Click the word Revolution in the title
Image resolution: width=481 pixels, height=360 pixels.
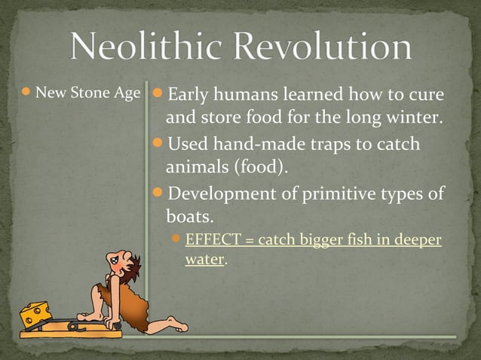tap(325, 48)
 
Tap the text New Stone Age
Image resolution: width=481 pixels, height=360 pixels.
tap(88, 94)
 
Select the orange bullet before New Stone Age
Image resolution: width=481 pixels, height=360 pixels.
tap(26, 93)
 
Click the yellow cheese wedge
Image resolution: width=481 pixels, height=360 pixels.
tap(35, 313)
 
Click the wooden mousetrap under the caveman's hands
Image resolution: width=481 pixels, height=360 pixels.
tap(72, 326)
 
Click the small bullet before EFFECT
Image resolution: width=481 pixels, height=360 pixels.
tap(176, 240)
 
